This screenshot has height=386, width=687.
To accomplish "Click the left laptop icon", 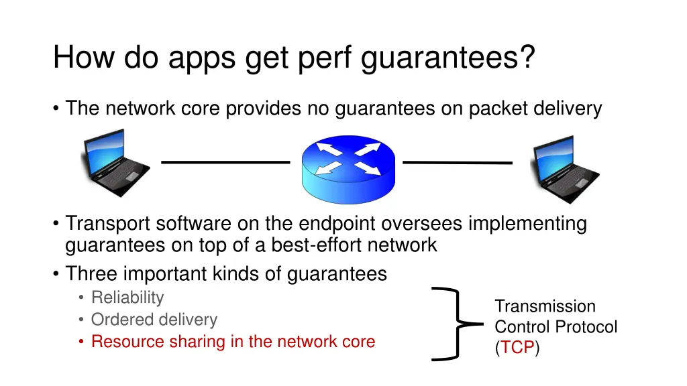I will (x=115, y=162).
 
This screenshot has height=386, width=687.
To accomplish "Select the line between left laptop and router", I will (x=224, y=162).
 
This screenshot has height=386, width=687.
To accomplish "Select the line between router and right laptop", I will (x=457, y=162).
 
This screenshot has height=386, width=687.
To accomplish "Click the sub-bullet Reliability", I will (x=127, y=298).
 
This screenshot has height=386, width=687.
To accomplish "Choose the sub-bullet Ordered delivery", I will (x=154, y=320).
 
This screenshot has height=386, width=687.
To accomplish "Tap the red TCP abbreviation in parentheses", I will (x=517, y=348).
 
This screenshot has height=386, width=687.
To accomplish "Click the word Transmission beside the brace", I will (x=545, y=306).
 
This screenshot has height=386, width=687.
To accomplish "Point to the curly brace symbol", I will (x=458, y=324).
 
